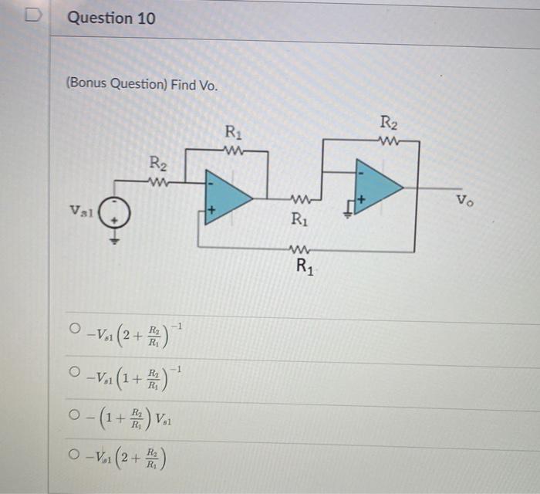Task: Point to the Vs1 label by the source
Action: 80,210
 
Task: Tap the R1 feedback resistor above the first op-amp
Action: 233,151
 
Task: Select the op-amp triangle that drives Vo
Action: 376,186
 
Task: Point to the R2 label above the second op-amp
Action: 389,122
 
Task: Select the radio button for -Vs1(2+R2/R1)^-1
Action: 75,330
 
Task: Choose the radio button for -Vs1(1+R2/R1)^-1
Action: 75,374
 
